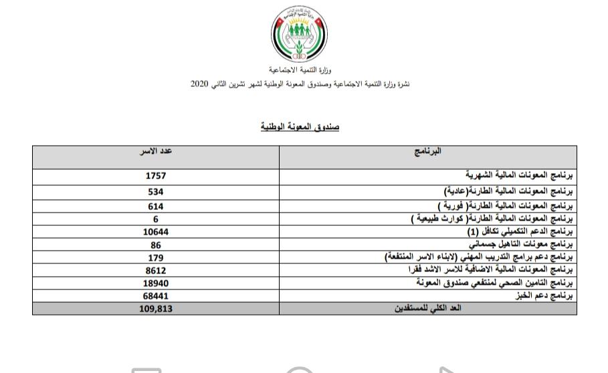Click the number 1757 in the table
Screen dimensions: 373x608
click(155, 176)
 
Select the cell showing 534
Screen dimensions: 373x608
click(155, 192)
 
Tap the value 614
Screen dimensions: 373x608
click(155, 207)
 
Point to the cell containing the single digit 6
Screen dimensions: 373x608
click(155, 219)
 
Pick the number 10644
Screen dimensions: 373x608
click(155, 231)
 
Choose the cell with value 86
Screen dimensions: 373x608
click(155, 245)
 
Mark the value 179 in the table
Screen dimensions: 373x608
click(155, 257)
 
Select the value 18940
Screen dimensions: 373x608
click(155, 283)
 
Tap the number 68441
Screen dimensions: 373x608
click(155, 295)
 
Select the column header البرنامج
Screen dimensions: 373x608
click(427, 152)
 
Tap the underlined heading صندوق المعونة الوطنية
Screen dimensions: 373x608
click(300, 126)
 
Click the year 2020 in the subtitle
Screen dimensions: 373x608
click(199, 84)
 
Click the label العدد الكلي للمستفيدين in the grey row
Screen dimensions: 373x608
click(427, 308)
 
